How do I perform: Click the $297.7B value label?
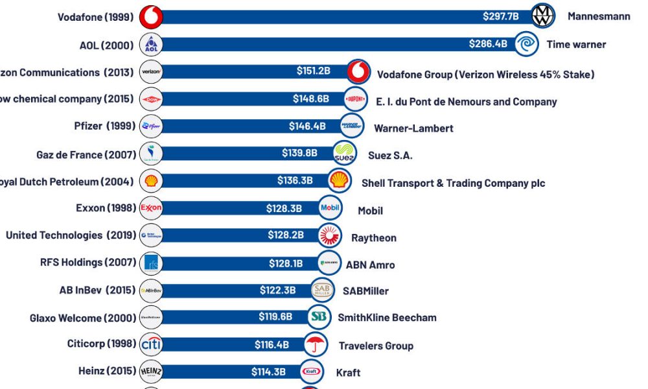pos(500,16)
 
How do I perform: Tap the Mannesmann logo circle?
pos(543,16)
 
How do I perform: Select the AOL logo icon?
pos(151,45)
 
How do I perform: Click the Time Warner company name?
pos(576,45)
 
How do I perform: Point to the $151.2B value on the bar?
pos(314,70)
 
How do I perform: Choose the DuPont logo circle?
pos(356,99)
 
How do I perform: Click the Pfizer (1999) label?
pos(104,126)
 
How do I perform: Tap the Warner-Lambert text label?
pos(413,128)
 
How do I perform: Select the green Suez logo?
pos(345,154)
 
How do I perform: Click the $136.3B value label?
pos(295,180)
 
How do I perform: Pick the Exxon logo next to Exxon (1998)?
pos(151,208)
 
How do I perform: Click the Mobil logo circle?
pos(330,208)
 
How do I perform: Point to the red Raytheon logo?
pos(329,236)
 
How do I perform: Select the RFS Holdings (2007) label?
pos(88,263)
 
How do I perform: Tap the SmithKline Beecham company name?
pos(387,318)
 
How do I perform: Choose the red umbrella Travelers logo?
pos(316,344)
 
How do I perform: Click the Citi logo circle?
pos(151,344)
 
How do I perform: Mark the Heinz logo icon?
pos(151,371)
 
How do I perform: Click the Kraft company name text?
pos(348,373)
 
